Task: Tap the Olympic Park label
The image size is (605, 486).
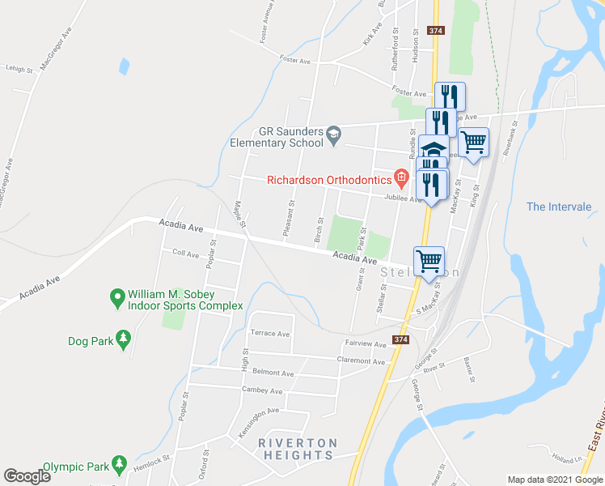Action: click(76, 467)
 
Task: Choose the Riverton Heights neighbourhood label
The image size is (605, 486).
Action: click(298, 449)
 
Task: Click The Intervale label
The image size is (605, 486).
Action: click(559, 207)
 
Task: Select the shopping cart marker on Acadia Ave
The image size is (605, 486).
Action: click(429, 261)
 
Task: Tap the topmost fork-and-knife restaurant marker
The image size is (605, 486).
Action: click(450, 96)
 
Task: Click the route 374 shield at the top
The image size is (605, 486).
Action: click(437, 31)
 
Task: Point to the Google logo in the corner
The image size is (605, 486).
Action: click(27, 475)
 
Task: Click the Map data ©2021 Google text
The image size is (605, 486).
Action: click(556, 480)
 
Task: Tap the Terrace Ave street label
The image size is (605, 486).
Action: click(270, 333)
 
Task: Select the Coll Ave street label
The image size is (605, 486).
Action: click(185, 254)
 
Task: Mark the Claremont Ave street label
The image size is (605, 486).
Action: click(361, 360)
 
